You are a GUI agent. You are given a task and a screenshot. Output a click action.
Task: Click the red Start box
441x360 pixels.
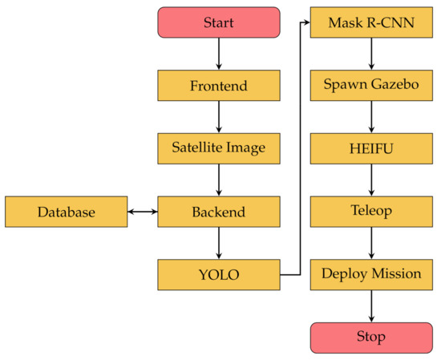point(219,22)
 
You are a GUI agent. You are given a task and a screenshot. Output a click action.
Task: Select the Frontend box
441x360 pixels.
point(219,86)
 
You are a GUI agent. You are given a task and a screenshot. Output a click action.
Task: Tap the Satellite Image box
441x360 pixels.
point(219,148)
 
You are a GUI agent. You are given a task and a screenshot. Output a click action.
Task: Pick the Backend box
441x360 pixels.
point(219,212)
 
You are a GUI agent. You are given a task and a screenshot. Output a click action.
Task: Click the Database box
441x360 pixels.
point(66,212)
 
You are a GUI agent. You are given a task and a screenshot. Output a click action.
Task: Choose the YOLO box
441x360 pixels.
point(219,275)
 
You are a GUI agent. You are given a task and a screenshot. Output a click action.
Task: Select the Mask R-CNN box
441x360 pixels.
point(370,22)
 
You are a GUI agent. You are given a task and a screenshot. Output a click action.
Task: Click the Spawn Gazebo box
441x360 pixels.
point(370,86)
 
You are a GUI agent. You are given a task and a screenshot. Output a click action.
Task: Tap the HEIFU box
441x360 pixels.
point(370,148)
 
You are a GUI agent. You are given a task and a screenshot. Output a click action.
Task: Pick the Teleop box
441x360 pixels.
point(370,212)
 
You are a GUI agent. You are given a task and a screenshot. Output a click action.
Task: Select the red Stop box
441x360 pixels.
point(370,337)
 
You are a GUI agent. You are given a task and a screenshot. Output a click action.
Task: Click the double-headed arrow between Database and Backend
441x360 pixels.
point(142,212)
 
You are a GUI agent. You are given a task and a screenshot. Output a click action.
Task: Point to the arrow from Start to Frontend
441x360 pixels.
point(219,54)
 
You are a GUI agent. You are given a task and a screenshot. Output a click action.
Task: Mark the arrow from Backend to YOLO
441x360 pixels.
point(219,244)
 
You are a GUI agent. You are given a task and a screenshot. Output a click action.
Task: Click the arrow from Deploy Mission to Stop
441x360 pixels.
point(370,305)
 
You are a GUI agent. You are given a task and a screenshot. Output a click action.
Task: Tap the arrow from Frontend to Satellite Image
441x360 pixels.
point(219,117)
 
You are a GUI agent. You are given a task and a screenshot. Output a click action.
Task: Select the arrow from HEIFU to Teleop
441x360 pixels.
point(370,180)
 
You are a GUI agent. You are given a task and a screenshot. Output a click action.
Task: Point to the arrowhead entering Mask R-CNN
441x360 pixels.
point(305,22)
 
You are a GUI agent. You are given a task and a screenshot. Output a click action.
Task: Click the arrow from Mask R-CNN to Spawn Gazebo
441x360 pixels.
point(370,54)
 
